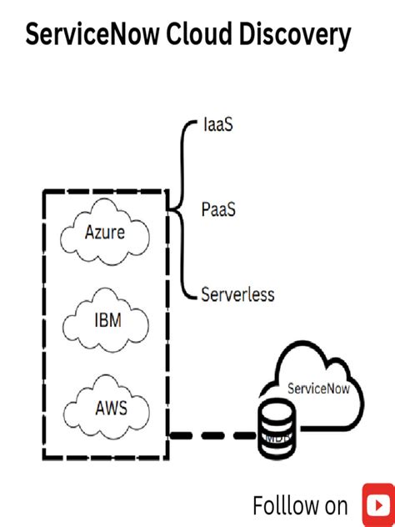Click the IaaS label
point(218,127)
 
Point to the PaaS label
point(218,209)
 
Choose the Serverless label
point(237,294)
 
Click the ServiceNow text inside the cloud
point(318,388)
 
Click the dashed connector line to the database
point(212,435)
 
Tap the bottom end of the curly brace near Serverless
point(192,297)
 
